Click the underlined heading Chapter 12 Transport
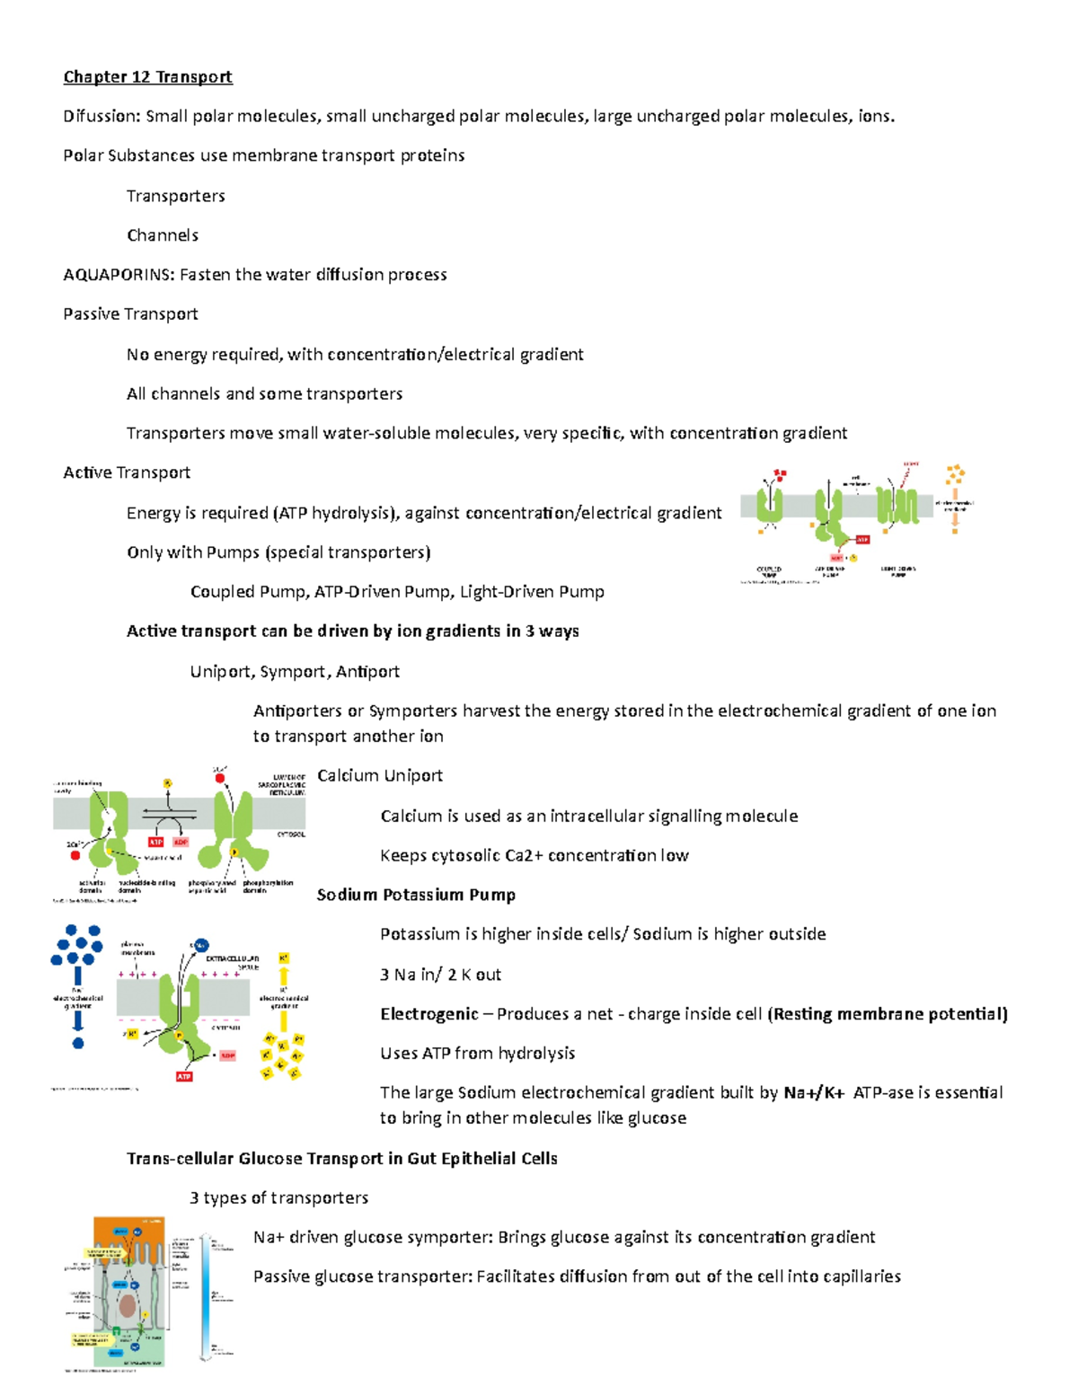[x=147, y=77]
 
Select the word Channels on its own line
[x=163, y=235]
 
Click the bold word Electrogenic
[x=429, y=1014]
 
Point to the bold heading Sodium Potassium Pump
[x=416, y=895]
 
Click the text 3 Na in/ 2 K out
[x=440, y=975]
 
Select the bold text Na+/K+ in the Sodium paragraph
[x=814, y=1093]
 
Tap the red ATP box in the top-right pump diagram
[x=862, y=540]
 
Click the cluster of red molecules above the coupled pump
[x=780, y=474]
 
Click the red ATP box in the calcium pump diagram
[x=155, y=843]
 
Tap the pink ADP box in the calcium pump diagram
[x=181, y=843]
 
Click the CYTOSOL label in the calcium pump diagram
[x=290, y=834]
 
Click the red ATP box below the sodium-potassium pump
[x=184, y=1076]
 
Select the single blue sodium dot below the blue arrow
[x=78, y=1043]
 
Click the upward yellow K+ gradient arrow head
[x=284, y=974]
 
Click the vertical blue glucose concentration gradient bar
[x=206, y=1293]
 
